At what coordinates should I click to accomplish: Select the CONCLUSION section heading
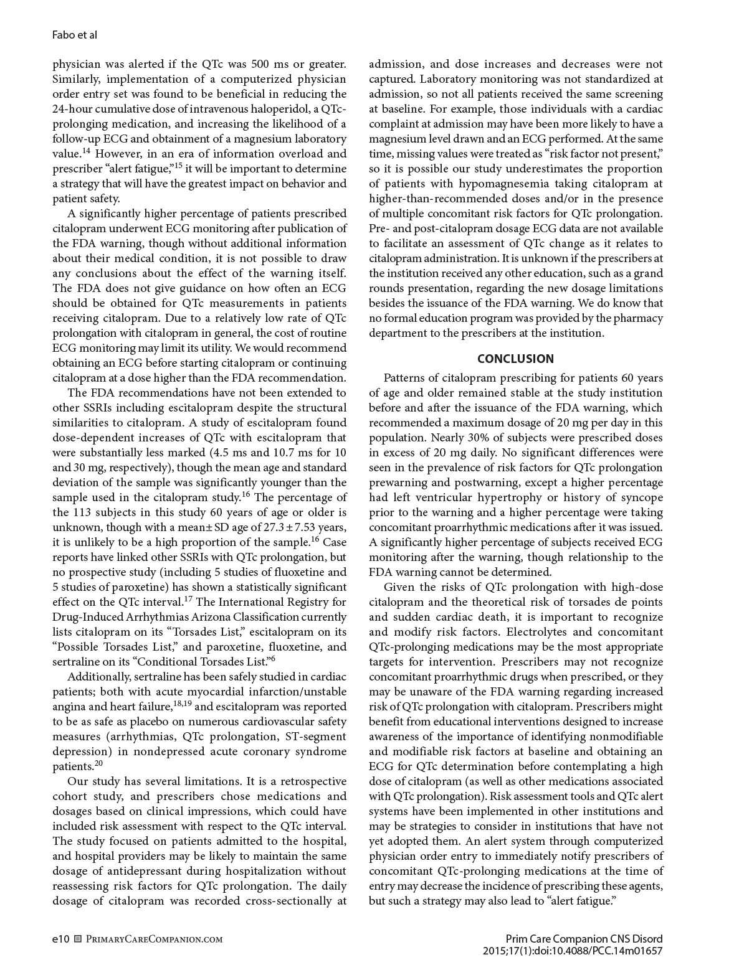coord(515,359)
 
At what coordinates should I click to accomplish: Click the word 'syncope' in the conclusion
coord(640,497)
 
